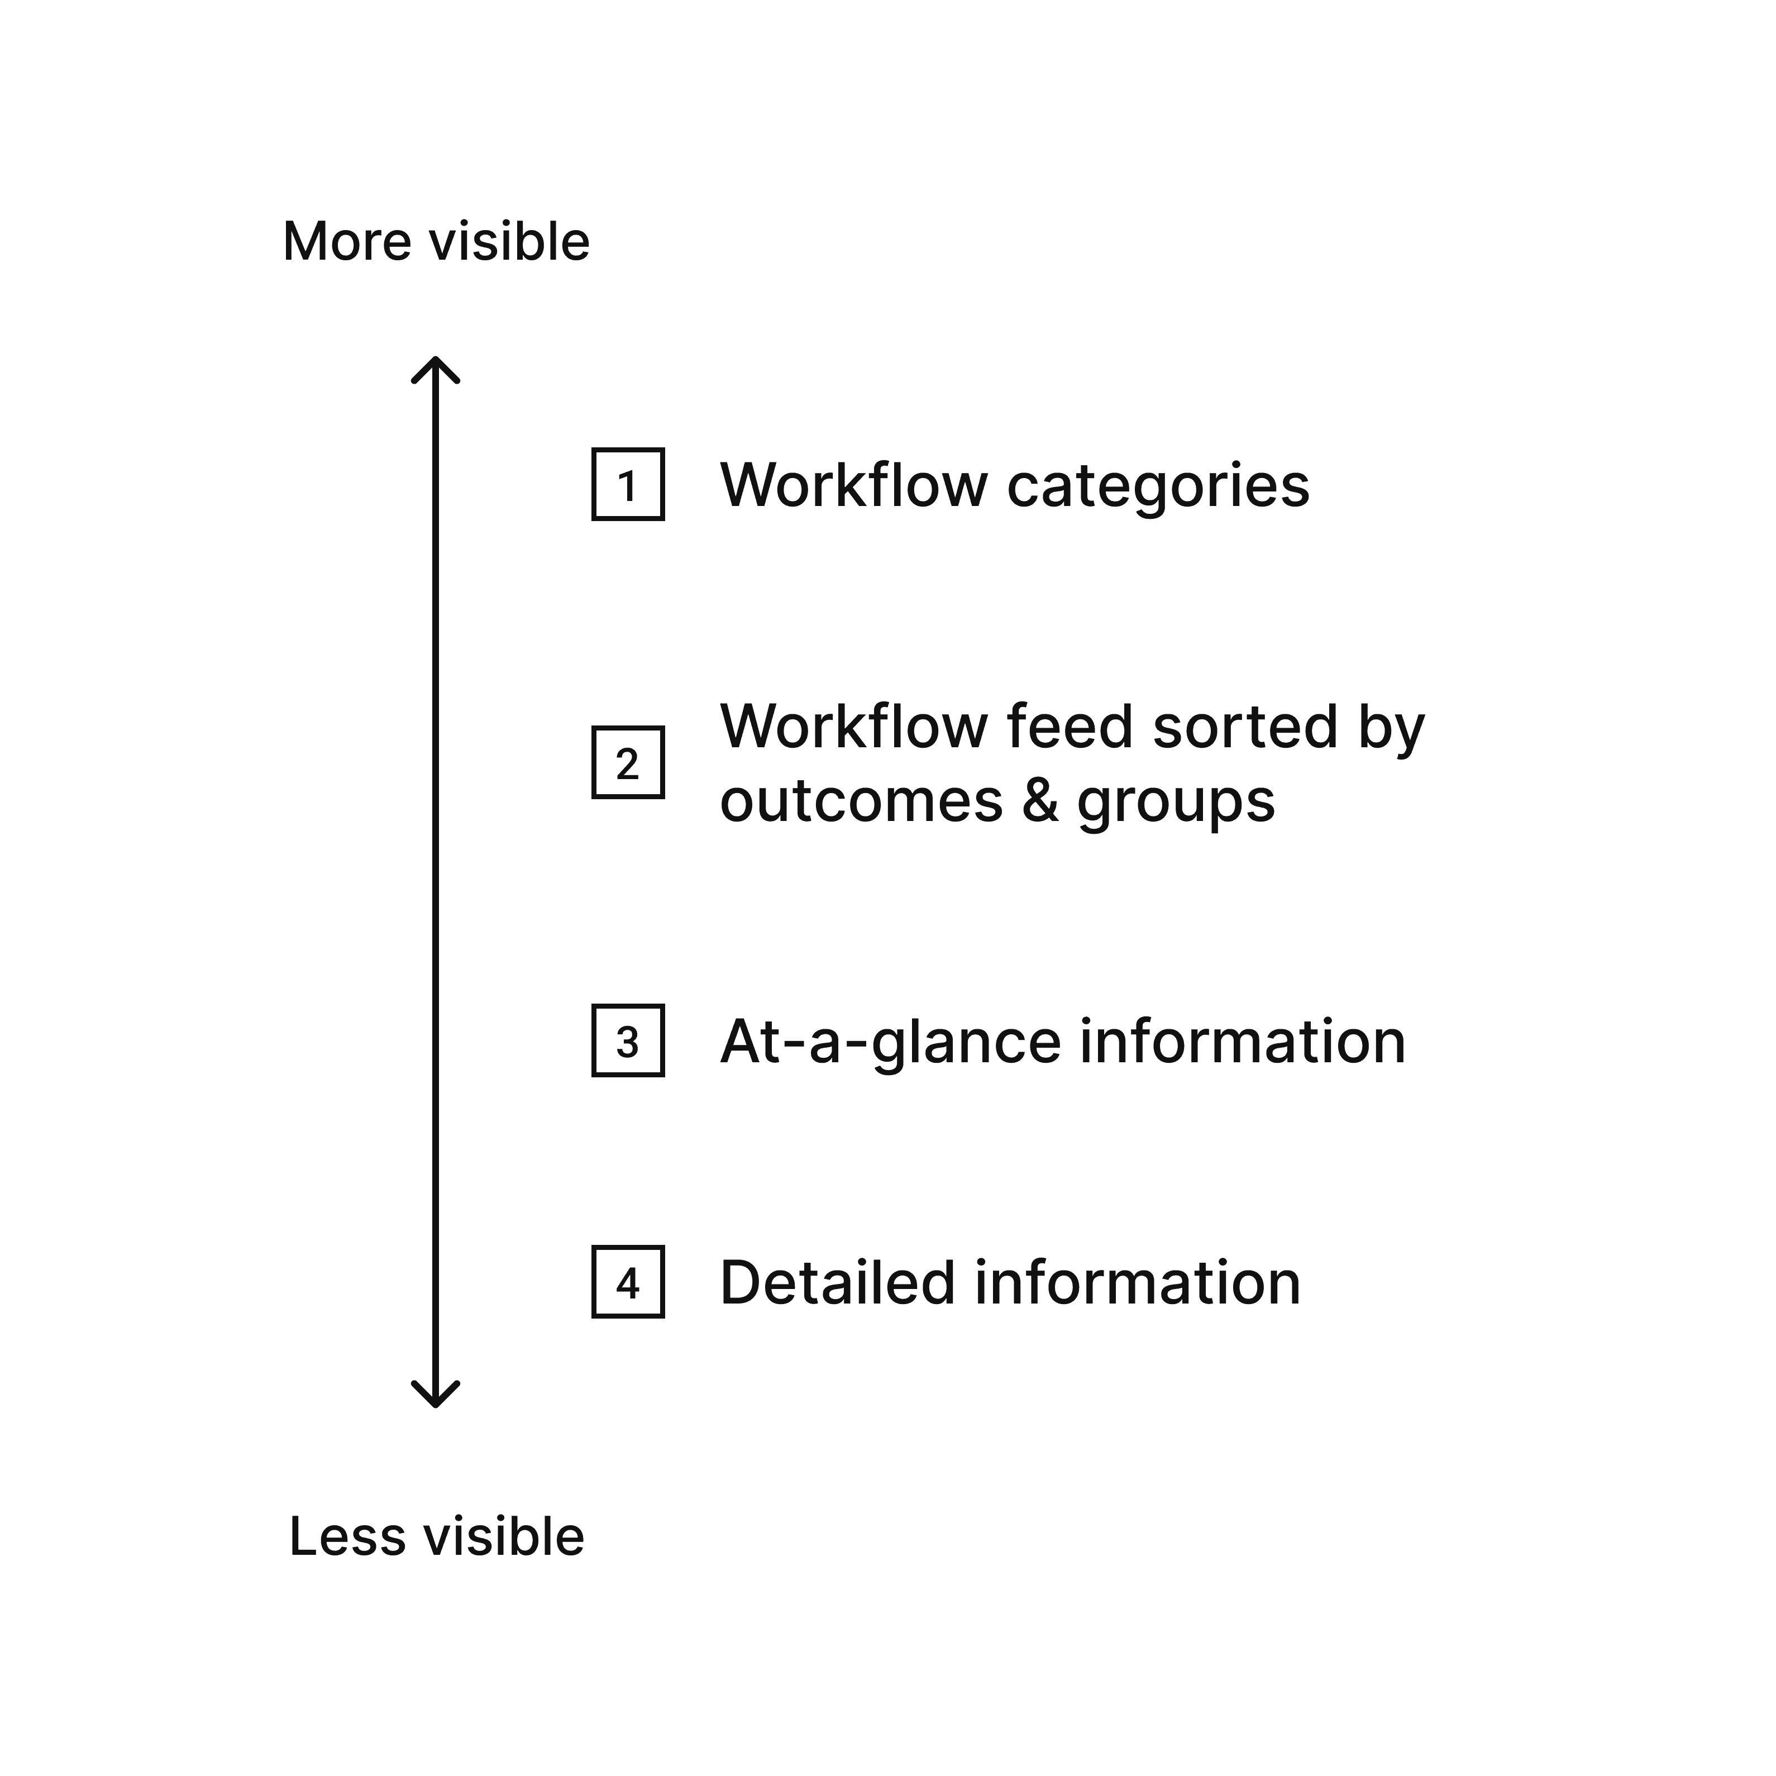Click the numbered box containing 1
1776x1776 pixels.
[628, 484]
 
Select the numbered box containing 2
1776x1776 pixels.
[628, 762]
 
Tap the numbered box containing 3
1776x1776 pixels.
[628, 1040]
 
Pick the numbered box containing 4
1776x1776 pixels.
[628, 1281]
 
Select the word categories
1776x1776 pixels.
[1158, 487]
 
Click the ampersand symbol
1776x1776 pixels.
[1040, 801]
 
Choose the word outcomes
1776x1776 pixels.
[861, 801]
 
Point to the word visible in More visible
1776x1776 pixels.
[510, 242]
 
